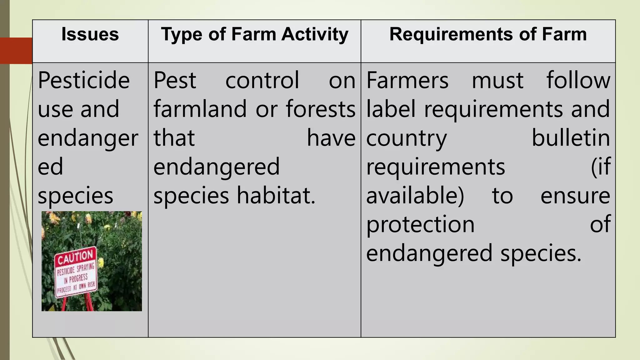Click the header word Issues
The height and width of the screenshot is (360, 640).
click(x=90, y=34)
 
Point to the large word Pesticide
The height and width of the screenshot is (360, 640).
click(x=84, y=80)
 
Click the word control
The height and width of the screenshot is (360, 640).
click(x=262, y=80)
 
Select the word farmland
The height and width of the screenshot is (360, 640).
click(x=200, y=109)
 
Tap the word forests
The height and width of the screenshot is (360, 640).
click(x=321, y=109)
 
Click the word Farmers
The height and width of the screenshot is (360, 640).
click(x=407, y=80)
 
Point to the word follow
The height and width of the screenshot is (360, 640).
click(x=578, y=80)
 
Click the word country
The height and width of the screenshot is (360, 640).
click(x=407, y=138)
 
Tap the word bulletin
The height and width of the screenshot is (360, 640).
click(x=571, y=138)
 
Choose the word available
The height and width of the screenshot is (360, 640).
click(x=415, y=196)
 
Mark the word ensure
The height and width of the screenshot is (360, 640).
click(x=575, y=196)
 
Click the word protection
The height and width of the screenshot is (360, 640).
click(x=420, y=225)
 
